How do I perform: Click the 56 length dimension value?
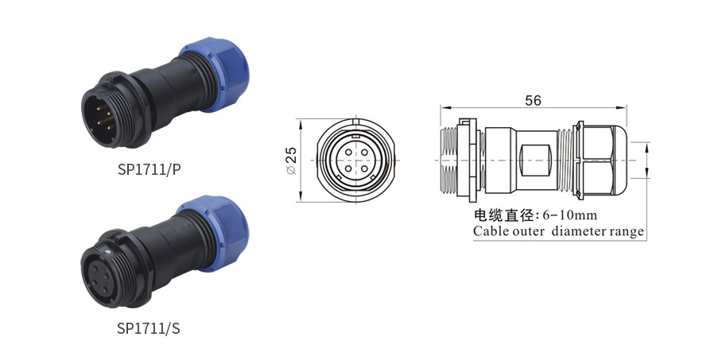(x=533, y=100)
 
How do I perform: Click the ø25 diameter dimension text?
(x=291, y=160)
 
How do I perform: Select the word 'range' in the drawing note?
(x=625, y=232)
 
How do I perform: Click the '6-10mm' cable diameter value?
(x=569, y=215)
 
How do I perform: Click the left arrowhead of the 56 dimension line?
(x=444, y=108)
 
